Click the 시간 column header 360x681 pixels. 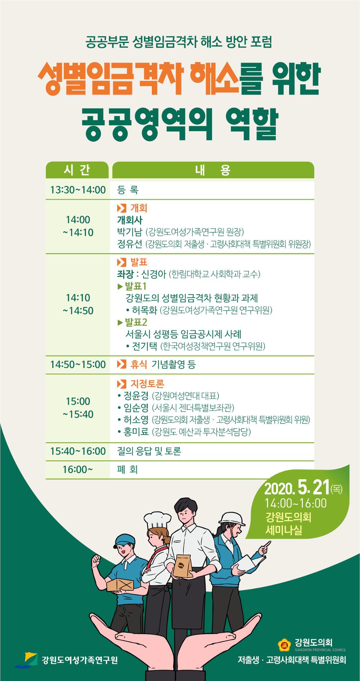[x=77, y=170]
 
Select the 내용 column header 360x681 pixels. [x=213, y=170]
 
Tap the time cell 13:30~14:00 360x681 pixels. [x=78, y=190]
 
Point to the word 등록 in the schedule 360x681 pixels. [x=128, y=190]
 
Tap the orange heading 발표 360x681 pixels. [x=139, y=262]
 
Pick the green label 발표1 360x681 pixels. [x=135, y=287]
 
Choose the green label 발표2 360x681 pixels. [x=136, y=322]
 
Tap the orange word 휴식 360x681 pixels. [x=139, y=365]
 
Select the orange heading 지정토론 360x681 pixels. [x=147, y=384]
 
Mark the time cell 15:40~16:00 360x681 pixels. [x=78, y=451]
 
